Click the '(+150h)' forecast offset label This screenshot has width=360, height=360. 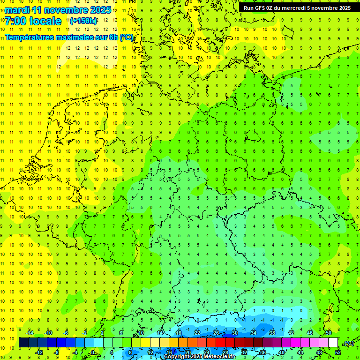[83, 21]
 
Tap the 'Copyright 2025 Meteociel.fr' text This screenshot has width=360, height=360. [199, 357]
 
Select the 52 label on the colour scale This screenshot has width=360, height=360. [337, 352]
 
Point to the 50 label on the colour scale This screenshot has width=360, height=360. [328, 333]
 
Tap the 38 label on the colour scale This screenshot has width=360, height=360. [272, 333]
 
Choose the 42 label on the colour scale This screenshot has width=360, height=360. [291, 333]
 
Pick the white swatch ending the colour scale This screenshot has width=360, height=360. [333, 343]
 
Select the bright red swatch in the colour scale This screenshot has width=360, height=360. [220, 343]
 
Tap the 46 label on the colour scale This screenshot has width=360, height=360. [309, 333]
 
